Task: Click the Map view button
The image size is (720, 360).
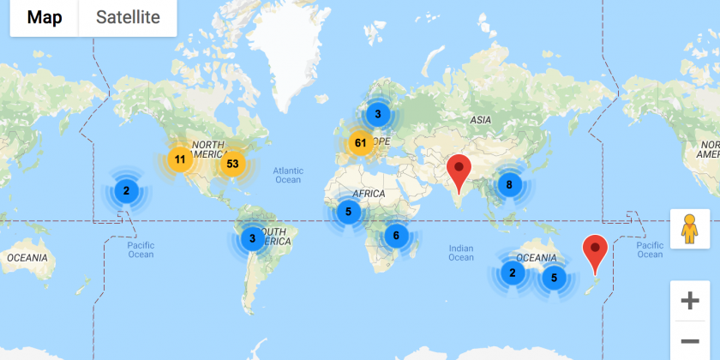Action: [x=45, y=18]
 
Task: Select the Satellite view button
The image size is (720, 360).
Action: [x=128, y=18]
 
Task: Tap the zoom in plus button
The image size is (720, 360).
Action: [x=689, y=301]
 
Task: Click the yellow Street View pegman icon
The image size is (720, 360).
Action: [x=689, y=229]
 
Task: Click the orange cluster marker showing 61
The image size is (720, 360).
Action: [x=361, y=143]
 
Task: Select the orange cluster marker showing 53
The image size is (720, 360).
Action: [x=232, y=163]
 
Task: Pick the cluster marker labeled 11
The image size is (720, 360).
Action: [x=180, y=159]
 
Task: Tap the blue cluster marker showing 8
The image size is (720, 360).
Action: [x=510, y=183]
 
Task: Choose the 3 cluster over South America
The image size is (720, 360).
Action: [x=253, y=238]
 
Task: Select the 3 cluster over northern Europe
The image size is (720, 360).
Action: [x=377, y=113]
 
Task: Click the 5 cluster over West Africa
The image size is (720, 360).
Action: [x=348, y=212]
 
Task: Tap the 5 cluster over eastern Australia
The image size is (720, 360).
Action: [x=554, y=277]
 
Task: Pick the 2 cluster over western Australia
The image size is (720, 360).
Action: [x=513, y=273]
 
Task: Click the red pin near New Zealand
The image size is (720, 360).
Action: [x=595, y=252]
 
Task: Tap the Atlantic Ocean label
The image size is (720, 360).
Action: [x=289, y=175]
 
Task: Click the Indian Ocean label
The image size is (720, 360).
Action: [x=460, y=253]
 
